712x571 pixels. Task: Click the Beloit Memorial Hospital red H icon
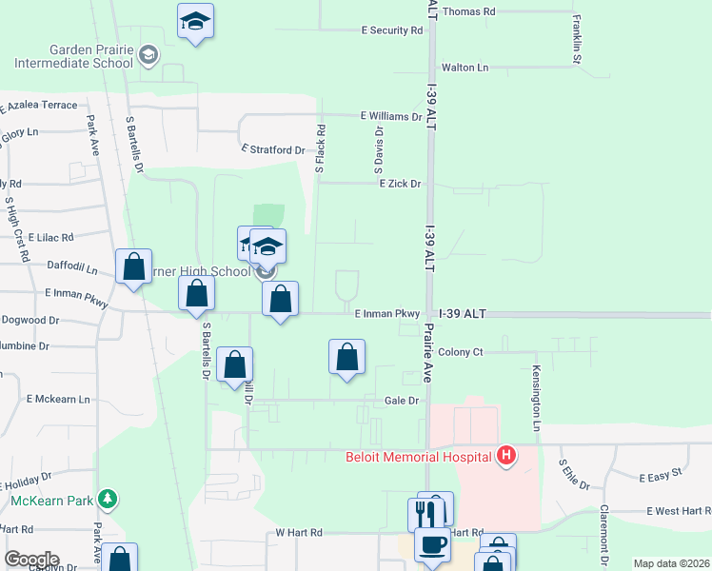(507, 456)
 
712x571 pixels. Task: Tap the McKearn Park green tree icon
(109, 499)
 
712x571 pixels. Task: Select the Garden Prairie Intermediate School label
(73, 57)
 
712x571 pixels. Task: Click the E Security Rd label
(391, 30)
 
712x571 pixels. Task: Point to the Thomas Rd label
(469, 11)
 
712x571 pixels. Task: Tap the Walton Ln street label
(464, 68)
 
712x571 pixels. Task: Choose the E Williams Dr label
(390, 116)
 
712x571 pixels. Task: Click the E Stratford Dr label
(273, 150)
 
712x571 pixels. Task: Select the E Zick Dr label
(400, 183)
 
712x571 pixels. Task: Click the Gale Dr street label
(402, 401)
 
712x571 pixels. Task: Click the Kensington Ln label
(537, 398)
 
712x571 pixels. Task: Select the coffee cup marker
(431, 545)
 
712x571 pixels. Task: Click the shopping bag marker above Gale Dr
(346, 357)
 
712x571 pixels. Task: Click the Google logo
(30, 560)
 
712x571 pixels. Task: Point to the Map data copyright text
(670, 563)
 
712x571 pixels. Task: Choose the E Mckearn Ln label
(58, 399)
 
